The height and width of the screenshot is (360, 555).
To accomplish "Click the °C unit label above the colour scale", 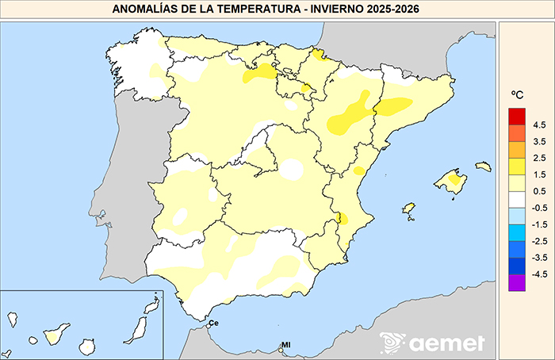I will coord(518,96).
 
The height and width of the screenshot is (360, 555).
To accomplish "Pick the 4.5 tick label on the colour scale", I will coord(539,125).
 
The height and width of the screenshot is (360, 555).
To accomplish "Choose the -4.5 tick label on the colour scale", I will coord(538,274).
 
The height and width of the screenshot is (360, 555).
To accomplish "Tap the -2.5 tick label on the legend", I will coord(538,241).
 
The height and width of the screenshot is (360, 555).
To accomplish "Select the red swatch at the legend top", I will coord(517,117).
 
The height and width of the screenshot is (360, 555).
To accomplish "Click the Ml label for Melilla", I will coord(286,344).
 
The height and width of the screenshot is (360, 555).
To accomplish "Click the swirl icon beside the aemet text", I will coord(392,343).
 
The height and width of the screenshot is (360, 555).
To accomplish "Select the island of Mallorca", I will coord(450,180).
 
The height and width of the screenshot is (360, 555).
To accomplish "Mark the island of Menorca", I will coord(483,167).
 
